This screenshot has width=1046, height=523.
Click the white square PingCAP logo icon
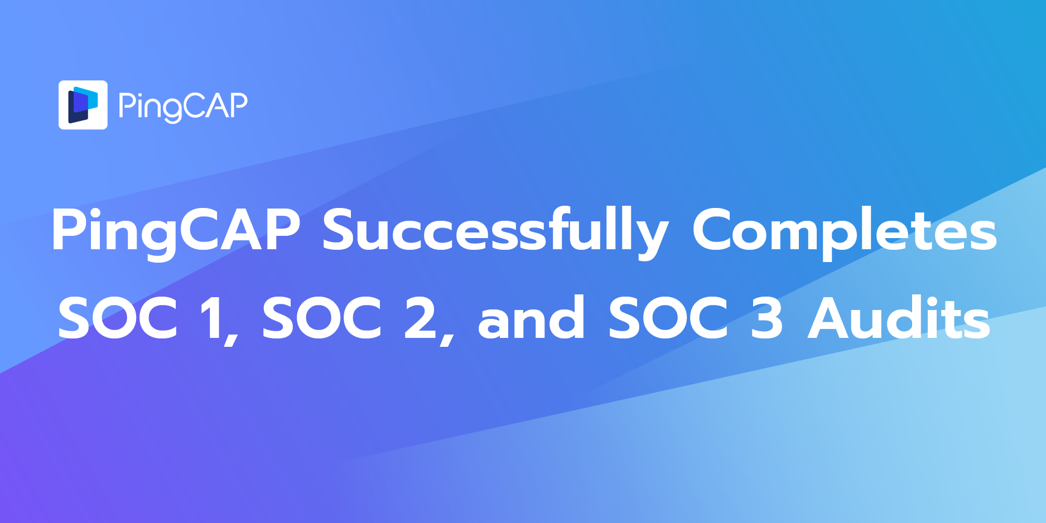click(x=83, y=105)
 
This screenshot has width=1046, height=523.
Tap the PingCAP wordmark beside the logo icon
click(x=182, y=105)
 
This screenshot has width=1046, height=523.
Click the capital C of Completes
click(x=715, y=230)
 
